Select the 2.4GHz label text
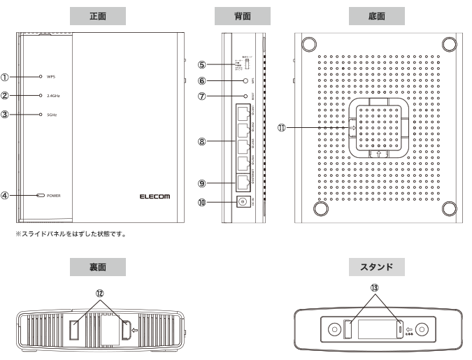point(55,95)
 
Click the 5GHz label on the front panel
point(53,114)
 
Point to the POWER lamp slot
point(41,195)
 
